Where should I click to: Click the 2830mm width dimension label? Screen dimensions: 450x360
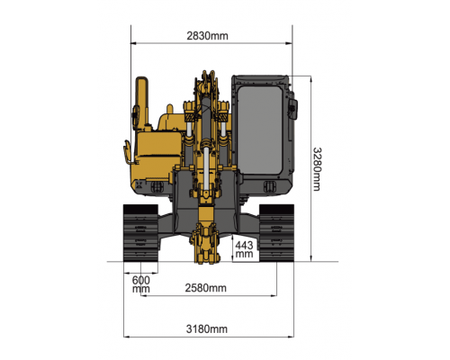point(207,36)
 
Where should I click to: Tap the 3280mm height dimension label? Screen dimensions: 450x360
point(317,169)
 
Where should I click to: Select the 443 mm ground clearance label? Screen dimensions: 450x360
point(244,249)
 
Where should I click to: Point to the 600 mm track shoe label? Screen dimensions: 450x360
point(141,284)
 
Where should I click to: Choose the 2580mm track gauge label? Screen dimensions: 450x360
point(205,288)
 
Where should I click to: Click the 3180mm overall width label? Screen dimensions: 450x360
point(207,328)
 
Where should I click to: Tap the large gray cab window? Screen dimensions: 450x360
point(260,130)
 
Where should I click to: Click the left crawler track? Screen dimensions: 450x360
point(140,233)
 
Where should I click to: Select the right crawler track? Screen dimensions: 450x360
point(276,233)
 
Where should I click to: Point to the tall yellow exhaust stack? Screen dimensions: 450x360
point(142,102)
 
